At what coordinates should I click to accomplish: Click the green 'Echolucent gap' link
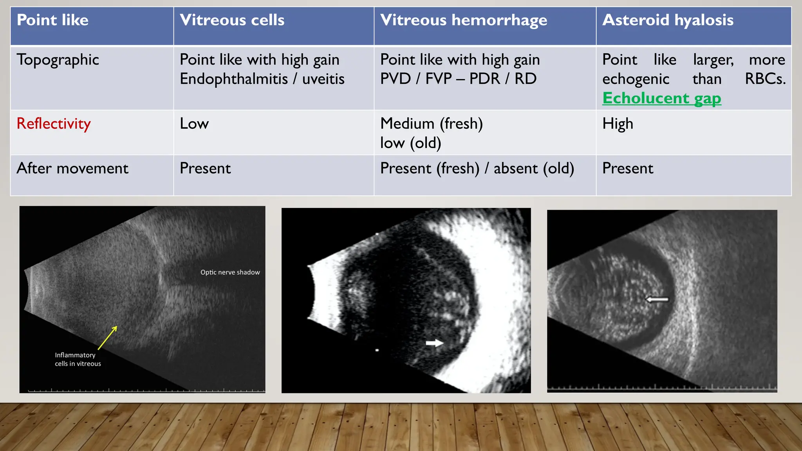click(x=661, y=98)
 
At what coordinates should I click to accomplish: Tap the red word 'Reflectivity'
click(x=54, y=124)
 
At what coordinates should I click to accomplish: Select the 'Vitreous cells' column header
click(x=232, y=20)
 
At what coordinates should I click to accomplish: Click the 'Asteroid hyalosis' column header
click(x=668, y=20)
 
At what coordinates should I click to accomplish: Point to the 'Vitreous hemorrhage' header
click(x=463, y=20)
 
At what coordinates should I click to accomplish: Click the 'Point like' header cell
click(x=52, y=20)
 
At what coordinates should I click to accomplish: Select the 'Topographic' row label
click(x=58, y=60)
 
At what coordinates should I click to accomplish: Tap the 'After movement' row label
click(x=72, y=168)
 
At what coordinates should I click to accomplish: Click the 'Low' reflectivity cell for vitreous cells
click(x=194, y=124)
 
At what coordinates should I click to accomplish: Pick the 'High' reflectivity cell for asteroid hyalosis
click(x=618, y=124)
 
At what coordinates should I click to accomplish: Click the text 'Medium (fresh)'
click(x=431, y=124)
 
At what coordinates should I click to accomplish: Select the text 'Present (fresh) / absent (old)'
click(x=477, y=168)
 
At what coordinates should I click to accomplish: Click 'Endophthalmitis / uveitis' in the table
click(x=262, y=79)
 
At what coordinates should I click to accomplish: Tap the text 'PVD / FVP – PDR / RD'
click(x=458, y=79)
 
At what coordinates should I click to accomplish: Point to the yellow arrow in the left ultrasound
click(x=108, y=337)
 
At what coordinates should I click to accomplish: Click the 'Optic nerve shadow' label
click(x=230, y=272)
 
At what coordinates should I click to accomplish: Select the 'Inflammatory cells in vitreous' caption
click(x=78, y=359)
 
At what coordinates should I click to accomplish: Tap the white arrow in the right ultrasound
click(x=657, y=299)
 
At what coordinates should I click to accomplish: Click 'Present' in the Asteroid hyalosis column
click(x=627, y=168)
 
